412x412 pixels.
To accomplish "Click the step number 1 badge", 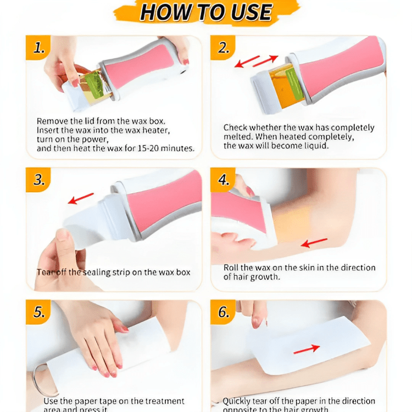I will [38, 48].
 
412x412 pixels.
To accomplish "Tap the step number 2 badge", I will [224, 48].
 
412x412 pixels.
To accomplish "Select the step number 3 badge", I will [38, 180].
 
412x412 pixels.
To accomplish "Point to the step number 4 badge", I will [224, 180].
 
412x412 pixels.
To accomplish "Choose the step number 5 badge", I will [38, 312].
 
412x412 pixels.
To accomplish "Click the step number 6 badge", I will [224, 312].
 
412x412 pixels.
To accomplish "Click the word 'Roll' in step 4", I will [232, 268].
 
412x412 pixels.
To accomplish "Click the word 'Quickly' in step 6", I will [239, 401].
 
